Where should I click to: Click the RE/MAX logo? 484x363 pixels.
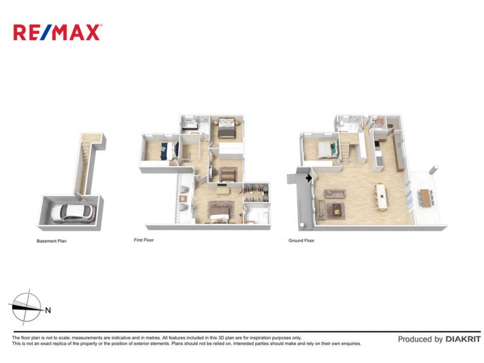57,32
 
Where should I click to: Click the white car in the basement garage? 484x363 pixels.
72,212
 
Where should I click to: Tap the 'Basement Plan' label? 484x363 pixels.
51,241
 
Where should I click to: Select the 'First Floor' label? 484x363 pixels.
143,240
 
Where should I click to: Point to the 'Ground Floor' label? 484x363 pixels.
302,240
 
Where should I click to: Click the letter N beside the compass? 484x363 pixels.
48,310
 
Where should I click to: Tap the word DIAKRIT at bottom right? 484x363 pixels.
465,339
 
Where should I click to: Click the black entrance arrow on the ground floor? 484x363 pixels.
309,178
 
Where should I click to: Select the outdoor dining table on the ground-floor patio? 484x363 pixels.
427,197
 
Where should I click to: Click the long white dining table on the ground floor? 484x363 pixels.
381,196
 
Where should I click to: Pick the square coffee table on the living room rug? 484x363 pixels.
335,210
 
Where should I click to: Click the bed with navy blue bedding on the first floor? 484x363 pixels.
165,151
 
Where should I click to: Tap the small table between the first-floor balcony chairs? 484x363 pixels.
183,199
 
